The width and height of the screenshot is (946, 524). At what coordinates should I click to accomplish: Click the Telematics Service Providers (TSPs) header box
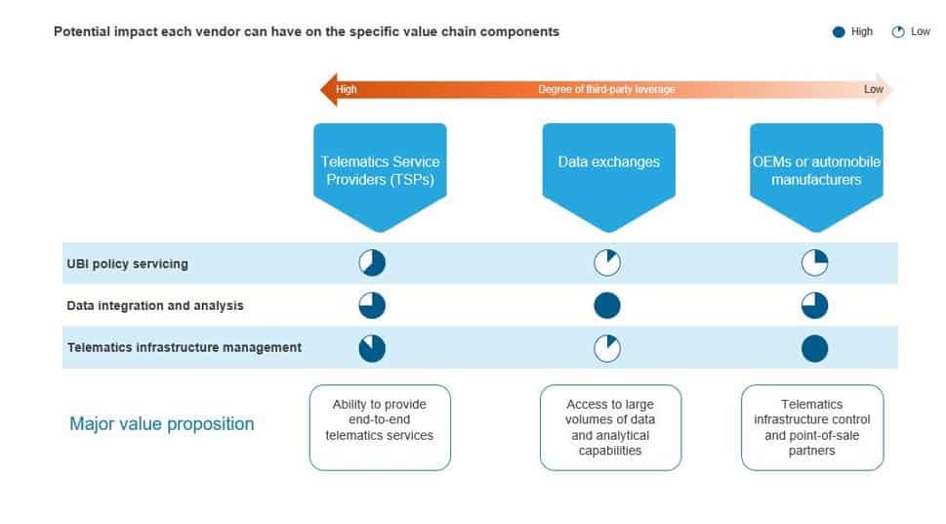point(380,170)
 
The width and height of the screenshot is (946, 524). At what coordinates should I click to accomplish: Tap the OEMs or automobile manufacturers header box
point(816,170)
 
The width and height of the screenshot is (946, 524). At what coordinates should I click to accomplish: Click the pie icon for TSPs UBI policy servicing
point(372,263)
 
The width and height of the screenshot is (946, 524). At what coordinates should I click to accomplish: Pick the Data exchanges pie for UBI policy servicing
point(607,263)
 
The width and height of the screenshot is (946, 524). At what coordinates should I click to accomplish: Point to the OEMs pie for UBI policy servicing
point(814,263)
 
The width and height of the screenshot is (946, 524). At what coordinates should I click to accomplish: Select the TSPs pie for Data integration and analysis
point(372,305)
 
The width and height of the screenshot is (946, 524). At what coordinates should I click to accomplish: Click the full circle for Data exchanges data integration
point(607,305)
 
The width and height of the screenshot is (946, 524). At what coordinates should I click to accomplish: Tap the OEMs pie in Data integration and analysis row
point(814,305)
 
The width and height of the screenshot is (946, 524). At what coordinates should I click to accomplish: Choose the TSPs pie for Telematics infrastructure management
point(372,348)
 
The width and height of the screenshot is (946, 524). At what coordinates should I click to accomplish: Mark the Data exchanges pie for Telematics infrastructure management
point(607,348)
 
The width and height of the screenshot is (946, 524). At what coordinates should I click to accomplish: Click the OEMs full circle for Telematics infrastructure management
point(814,348)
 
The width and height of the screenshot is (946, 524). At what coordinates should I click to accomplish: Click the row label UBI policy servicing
point(127,264)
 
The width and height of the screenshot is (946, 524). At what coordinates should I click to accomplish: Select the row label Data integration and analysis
point(155,306)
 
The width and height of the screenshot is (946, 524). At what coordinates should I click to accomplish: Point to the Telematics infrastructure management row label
point(184,347)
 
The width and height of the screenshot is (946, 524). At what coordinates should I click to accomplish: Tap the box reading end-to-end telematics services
point(380,427)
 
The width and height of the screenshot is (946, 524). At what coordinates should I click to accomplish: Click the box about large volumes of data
point(610,427)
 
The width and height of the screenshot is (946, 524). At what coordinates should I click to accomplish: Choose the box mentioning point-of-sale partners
point(812,427)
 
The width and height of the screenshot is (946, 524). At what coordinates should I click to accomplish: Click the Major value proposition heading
point(161,424)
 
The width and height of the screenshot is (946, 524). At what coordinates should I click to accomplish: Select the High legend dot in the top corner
point(838,32)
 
